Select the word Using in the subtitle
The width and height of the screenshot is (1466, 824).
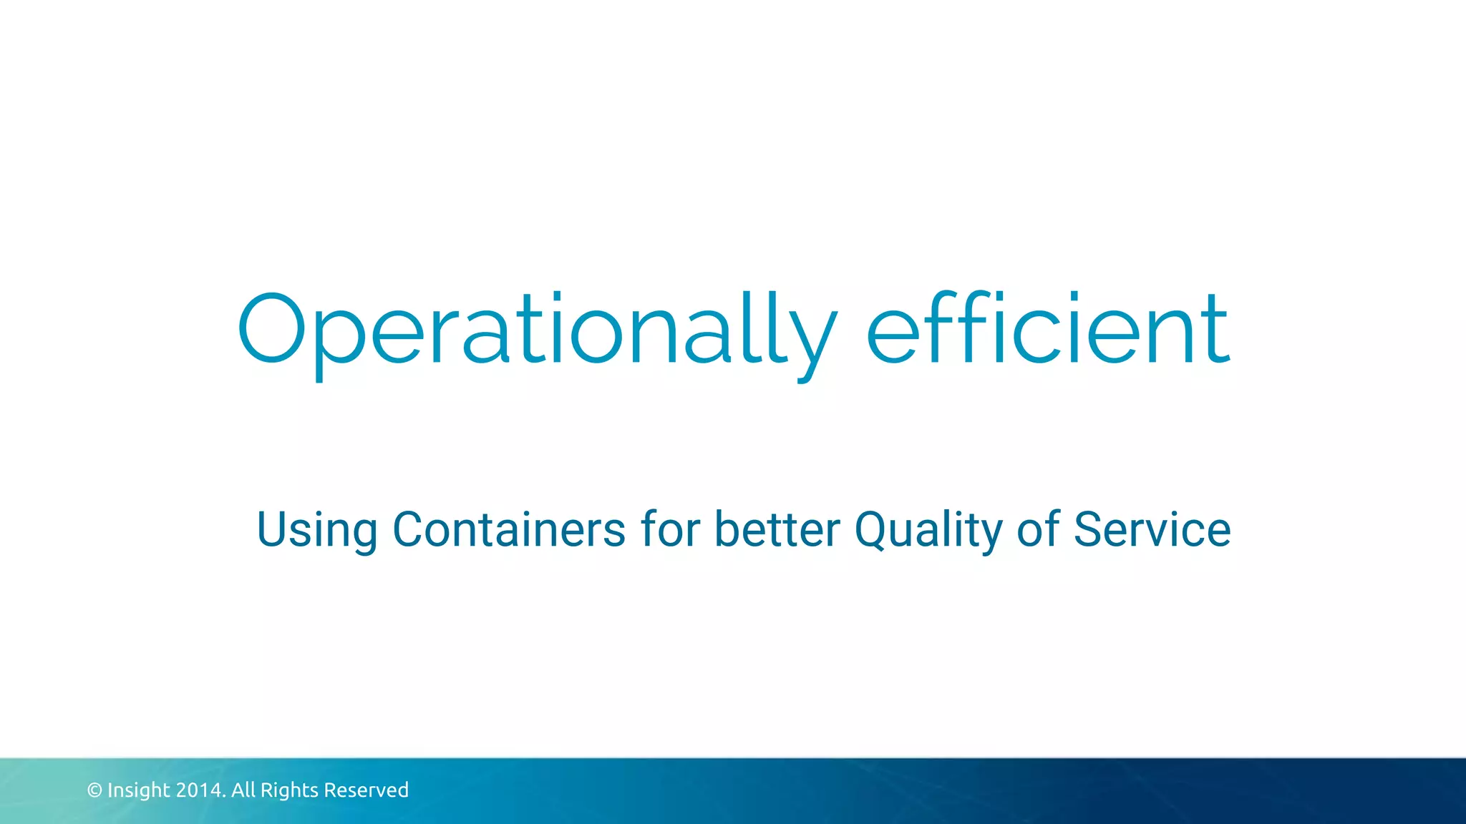[x=316, y=531]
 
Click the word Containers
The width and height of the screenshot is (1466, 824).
[x=509, y=529]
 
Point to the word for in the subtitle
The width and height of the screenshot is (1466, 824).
[x=669, y=529]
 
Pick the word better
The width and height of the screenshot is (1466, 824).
[x=777, y=529]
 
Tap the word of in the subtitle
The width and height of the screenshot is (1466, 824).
[x=1038, y=529]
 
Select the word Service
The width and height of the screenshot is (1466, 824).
[x=1152, y=529]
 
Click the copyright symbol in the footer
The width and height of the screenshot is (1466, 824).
[x=94, y=790]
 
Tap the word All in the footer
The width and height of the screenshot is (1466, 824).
[x=243, y=790]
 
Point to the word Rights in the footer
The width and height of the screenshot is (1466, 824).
[x=289, y=790]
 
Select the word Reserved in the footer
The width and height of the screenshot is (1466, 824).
[x=366, y=790]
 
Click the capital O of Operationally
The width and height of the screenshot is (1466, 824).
[x=271, y=329]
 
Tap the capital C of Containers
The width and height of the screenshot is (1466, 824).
[x=408, y=529]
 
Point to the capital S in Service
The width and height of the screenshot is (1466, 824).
[x=1088, y=529]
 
